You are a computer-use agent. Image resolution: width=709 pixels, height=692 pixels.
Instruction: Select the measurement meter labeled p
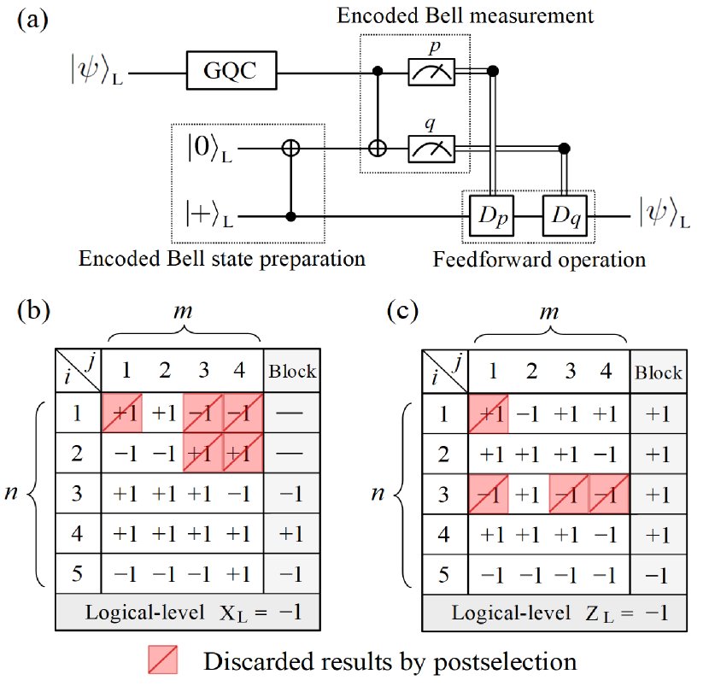coord(432,73)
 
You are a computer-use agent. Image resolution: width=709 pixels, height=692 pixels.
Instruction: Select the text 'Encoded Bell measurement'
coord(466,16)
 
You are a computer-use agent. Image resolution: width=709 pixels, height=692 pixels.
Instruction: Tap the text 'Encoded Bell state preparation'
coord(222,258)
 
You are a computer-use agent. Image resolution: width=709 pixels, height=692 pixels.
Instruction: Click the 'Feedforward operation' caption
coord(539,258)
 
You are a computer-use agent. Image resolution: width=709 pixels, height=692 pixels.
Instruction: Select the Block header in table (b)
coord(292,371)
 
